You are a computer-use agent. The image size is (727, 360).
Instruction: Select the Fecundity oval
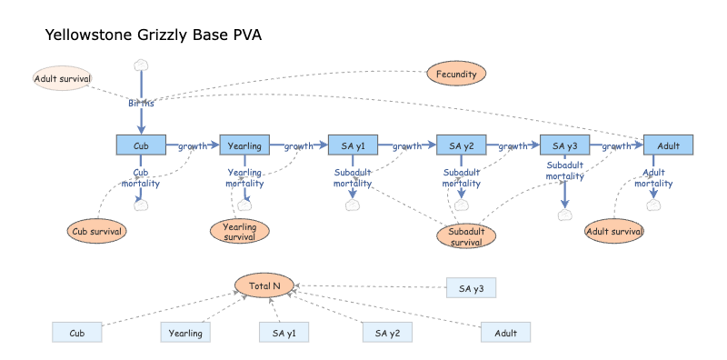pyautogui.click(x=457, y=74)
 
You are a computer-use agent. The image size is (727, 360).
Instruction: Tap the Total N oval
pyautogui.click(x=264, y=285)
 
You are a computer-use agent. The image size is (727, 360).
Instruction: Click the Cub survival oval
pyautogui.click(x=96, y=231)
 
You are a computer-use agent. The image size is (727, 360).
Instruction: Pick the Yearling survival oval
pyautogui.click(x=239, y=232)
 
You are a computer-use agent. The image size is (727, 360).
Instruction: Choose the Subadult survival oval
pyautogui.click(x=466, y=236)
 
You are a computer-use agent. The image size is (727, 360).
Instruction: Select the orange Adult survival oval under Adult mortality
pyautogui.click(x=614, y=231)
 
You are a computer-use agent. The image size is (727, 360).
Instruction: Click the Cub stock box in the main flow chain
pyautogui.click(x=141, y=145)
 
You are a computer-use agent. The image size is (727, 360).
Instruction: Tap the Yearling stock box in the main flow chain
pyautogui.click(x=244, y=145)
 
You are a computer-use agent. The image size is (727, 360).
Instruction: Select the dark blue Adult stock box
pyautogui.click(x=668, y=145)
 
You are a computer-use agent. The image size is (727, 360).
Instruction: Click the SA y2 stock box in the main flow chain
pyautogui.click(x=462, y=145)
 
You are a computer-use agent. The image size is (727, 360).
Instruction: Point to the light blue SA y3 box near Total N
pyautogui.click(x=471, y=289)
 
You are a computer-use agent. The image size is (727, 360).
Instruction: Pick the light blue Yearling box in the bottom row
pyautogui.click(x=186, y=334)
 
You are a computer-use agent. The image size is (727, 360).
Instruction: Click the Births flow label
pyautogui.click(x=141, y=103)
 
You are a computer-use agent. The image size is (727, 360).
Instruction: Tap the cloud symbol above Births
pyautogui.click(x=141, y=65)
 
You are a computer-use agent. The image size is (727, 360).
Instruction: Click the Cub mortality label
pyautogui.click(x=141, y=177)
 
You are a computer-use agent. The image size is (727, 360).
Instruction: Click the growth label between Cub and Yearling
pyautogui.click(x=193, y=145)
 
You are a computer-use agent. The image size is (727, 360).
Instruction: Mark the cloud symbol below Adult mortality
pyautogui.click(x=653, y=205)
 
